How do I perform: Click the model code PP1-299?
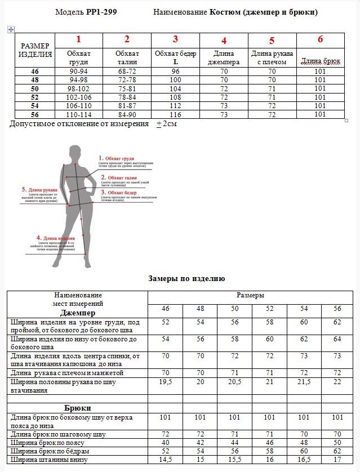[x=101, y=12]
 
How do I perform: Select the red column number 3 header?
[x=175, y=39]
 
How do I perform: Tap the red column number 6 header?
[x=320, y=39]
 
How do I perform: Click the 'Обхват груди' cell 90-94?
[x=78, y=72]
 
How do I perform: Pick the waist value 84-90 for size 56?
[x=127, y=114]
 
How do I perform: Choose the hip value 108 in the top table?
[x=175, y=97]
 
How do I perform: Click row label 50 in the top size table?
[x=35, y=88]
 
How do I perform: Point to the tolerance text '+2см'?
[x=166, y=124]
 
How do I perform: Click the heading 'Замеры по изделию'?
[x=186, y=278]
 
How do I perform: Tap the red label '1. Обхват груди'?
[x=117, y=159]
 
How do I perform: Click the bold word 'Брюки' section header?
[x=78, y=407]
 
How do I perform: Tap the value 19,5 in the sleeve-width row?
[x=165, y=382]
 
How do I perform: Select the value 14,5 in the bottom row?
[x=165, y=460]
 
